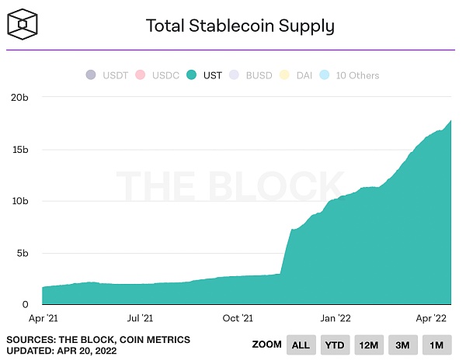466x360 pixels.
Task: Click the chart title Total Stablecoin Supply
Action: click(240, 26)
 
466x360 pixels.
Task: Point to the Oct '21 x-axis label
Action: click(238, 318)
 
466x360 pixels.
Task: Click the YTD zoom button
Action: click(334, 344)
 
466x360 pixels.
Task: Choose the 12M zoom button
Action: click(368, 344)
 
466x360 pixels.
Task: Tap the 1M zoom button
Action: click(436, 344)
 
